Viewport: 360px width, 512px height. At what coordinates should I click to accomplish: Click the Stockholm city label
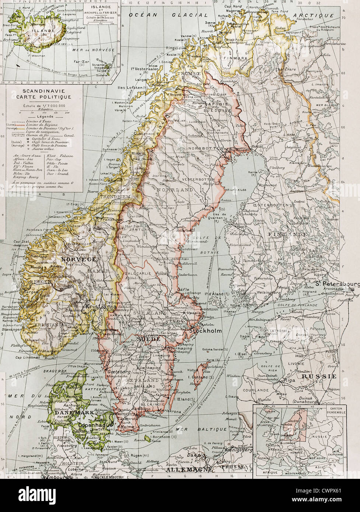(x=205, y=331)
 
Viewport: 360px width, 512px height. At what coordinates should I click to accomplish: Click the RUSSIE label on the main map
(x=319, y=376)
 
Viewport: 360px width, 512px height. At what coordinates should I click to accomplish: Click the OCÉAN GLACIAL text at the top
(x=168, y=15)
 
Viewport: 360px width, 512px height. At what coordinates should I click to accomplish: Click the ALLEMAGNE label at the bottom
(x=189, y=470)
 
